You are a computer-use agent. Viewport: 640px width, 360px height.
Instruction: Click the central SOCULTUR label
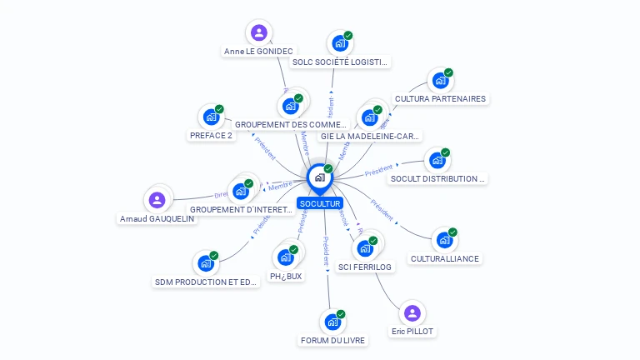(320, 203)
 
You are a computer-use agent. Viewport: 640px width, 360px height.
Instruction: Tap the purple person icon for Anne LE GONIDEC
(259, 33)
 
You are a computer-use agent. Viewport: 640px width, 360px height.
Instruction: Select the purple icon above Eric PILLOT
(411, 313)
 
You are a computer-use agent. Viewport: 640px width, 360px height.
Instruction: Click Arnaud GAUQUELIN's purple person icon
(157, 200)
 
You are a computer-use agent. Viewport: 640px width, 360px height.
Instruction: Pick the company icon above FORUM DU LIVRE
(333, 322)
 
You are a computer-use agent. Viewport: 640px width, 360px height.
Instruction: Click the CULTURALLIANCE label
(445, 258)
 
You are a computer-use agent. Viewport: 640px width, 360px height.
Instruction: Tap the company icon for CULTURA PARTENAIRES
(440, 81)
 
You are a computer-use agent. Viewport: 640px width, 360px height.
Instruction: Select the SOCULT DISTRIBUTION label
(437, 178)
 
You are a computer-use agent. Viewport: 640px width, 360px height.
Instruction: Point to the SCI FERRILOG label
(365, 267)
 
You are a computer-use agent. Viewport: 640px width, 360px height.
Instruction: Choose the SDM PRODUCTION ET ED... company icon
(206, 263)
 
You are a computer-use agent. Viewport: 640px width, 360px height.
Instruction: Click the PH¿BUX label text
(286, 276)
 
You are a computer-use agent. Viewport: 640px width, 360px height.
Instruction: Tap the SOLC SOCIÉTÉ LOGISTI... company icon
(339, 43)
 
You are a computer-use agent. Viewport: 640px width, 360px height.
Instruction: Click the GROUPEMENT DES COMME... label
(290, 124)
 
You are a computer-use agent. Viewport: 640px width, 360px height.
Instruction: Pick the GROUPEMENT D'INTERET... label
(242, 209)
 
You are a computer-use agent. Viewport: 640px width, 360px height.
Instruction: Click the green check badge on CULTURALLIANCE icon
(452, 232)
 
